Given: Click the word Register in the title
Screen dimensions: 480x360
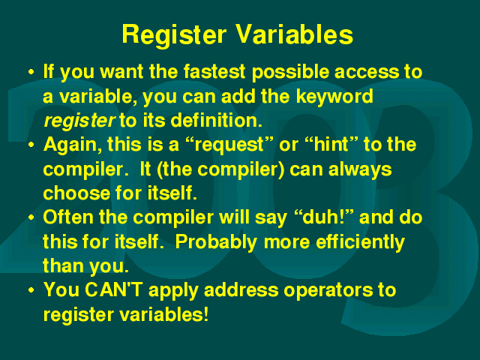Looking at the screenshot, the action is point(175,35).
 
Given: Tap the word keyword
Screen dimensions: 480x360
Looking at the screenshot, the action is point(334,97).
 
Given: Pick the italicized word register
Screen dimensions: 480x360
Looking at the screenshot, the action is point(79,121).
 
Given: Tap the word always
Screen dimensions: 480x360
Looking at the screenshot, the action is point(360,170).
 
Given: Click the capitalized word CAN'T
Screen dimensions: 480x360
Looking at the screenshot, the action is point(113,289).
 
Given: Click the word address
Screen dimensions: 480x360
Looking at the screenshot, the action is point(241,289).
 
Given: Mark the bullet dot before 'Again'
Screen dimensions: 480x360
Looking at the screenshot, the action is point(31,145).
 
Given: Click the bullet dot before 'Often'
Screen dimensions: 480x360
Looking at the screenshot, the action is point(31,217).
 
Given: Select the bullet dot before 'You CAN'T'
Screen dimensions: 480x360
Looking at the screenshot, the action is point(31,290).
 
